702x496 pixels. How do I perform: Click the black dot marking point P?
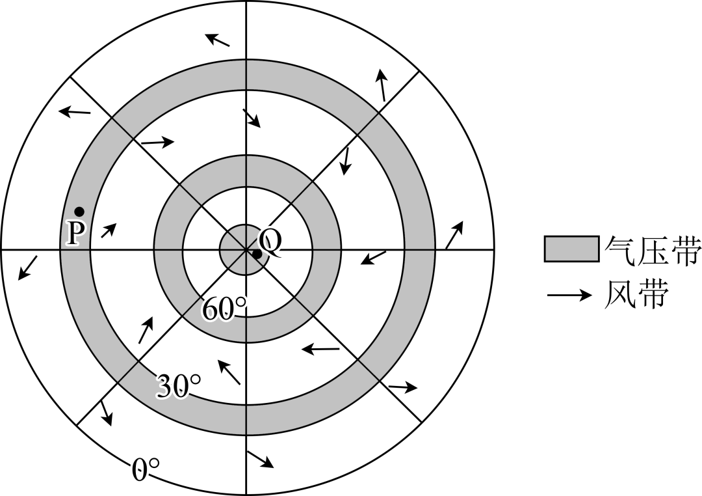point(79,211)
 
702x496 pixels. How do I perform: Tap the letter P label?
point(75,233)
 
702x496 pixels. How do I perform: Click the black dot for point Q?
point(257,254)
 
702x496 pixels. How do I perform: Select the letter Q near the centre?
point(272,242)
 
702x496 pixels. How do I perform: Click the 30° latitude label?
point(179,387)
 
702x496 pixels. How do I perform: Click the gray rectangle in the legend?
point(571,249)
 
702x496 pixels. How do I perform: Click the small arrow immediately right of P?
point(109,229)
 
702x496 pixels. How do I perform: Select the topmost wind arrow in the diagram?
point(218,39)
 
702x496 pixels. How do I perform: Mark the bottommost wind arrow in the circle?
point(260,459)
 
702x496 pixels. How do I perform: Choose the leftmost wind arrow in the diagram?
point(27,268)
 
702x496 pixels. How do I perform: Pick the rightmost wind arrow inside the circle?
point(455,234)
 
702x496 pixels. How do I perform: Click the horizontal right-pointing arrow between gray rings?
point(157,141)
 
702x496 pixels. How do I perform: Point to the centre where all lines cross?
point(246,249)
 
